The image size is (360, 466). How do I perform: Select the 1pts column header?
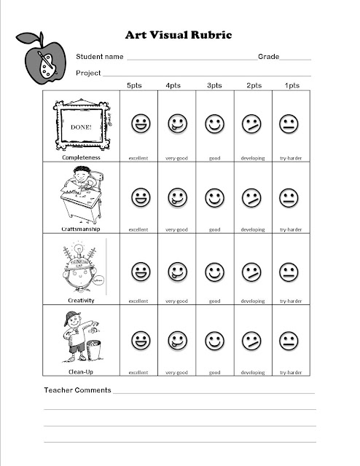(290, 85)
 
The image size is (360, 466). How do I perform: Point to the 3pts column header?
(214, 85)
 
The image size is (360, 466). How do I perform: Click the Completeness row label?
(81, 157)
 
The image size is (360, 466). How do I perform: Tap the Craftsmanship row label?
(81, 228)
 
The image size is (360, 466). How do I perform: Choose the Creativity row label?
(81, 299)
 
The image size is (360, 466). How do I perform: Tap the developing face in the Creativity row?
(252, 272)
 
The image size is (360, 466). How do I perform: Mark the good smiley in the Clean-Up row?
(214, 340)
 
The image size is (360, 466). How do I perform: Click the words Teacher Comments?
(77, 390)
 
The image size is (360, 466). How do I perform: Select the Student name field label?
(100, 57)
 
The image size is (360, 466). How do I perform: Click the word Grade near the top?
(268, 57)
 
